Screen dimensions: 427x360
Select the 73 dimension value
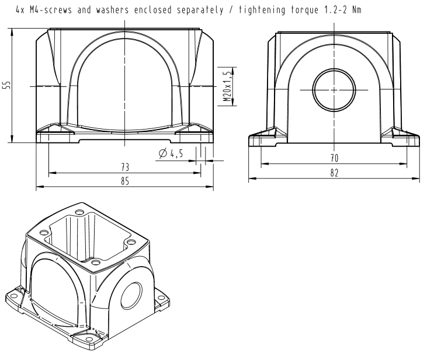125,167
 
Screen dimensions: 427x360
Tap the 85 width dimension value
125,181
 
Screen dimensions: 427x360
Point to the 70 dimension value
334,158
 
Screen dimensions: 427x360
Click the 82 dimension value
334,173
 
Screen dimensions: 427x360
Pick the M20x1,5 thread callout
227,86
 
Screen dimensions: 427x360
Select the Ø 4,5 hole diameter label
171,153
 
